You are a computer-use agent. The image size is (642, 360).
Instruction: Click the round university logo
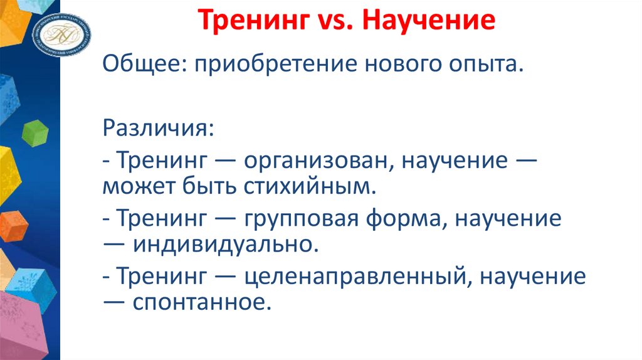coord(62,31)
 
